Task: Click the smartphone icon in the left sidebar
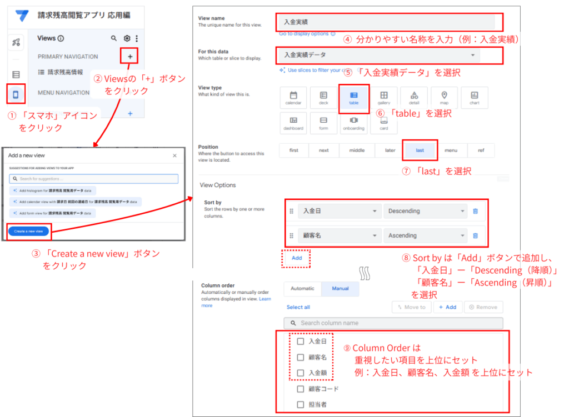pos(16,94)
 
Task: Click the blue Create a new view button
pos(28,230)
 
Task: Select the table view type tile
pos(353,98)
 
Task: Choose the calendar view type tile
pos(294,98)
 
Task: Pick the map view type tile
pos(443,98)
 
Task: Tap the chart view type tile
pos(474,98)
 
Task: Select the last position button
pos(420,150)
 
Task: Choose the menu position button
pos(451,150)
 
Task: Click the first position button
pos(293,150)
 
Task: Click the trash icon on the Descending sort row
pos(475,211)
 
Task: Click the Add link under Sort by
pos(297,258)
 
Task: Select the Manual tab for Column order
pos(340,289)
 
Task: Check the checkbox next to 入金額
pos(301,373)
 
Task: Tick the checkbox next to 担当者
pos(301,405)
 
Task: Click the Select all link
pos(298,307)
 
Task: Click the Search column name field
pos(393,323)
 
